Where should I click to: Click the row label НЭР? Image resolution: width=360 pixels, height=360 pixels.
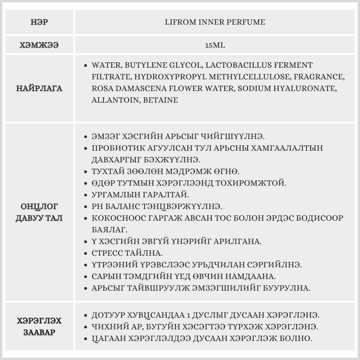click(x=39, y=22)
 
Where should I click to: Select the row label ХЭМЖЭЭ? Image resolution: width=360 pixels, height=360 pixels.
click(x=39, y=45)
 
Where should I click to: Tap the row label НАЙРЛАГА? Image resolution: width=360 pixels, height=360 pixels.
click(x=39, y=88)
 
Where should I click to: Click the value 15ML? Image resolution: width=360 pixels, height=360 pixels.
click(x=215, y=46)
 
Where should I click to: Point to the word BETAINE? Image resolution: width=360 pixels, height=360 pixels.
click(x=161, y=100)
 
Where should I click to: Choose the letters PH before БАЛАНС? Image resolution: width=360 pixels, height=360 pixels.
click(x=97, y=206)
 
